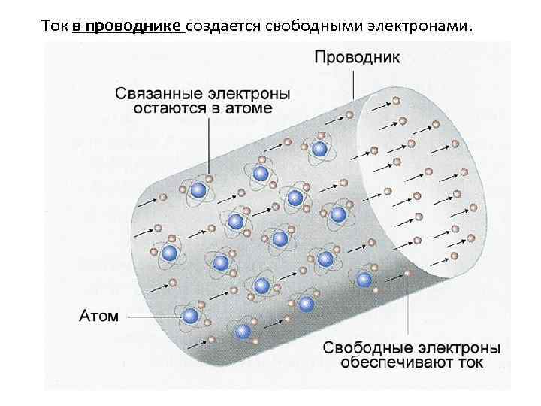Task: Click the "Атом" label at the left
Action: tap(98, 316)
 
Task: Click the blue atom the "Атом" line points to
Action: tap(191, 316)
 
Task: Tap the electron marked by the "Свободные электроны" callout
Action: tap(407, 275)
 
